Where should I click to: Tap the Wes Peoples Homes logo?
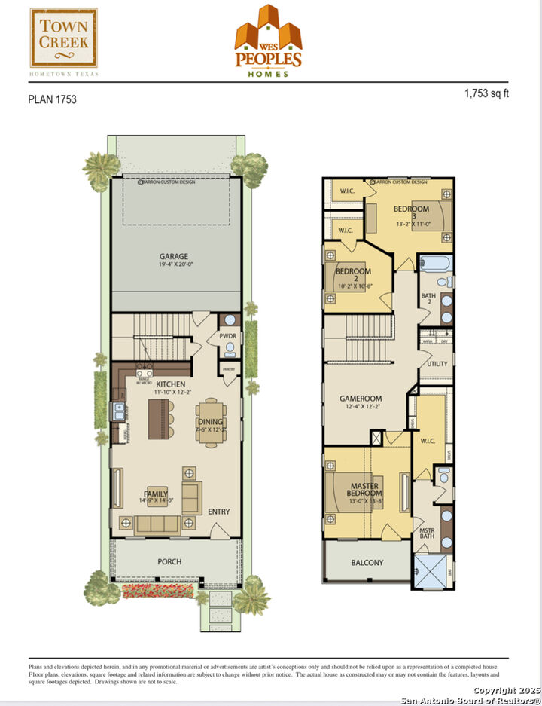268,42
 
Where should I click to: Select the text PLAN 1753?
52,99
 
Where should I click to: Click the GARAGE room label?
173,256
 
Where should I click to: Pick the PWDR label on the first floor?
227,336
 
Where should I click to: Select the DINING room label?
210,422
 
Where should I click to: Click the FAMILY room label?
156,494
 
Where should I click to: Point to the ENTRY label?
219,512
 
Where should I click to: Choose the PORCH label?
169,561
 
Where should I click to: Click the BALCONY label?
367,563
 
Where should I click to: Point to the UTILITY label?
437,364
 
